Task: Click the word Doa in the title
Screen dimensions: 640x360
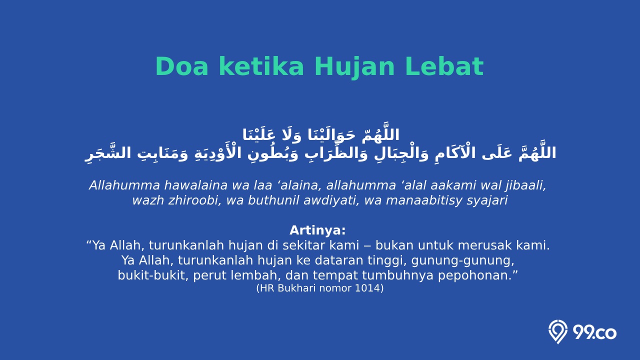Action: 181,66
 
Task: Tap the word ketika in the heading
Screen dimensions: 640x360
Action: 261,66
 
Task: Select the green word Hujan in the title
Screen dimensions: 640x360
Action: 354,68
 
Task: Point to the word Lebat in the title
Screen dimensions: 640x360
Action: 444,66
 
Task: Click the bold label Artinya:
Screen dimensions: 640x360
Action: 317,230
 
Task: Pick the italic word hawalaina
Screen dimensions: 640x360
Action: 195,185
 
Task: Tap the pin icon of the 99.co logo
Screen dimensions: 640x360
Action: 557,331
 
